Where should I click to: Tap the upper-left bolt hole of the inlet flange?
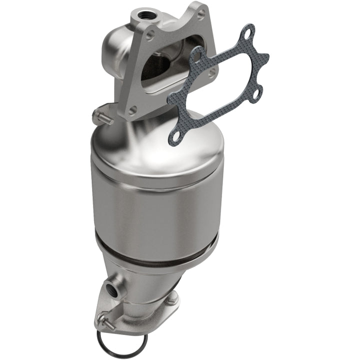click(x=150, y=35)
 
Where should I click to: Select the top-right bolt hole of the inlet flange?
click(x=200, y=14)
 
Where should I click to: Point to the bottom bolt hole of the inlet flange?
click(x=132, y=109)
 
